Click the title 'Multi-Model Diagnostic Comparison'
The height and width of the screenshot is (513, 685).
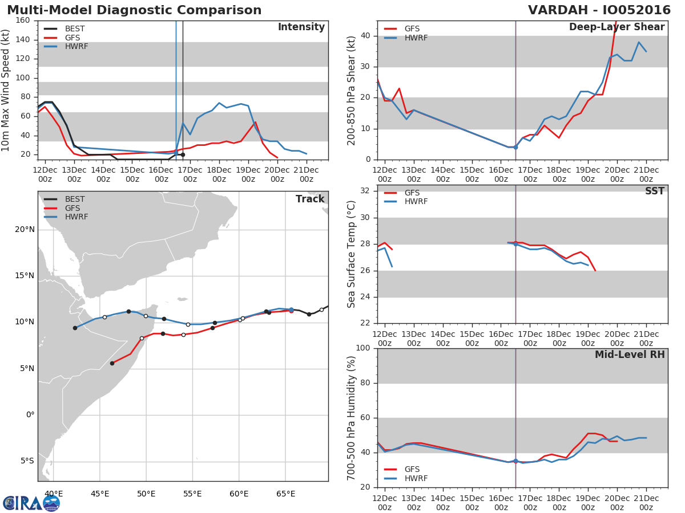click(x=134, y=10)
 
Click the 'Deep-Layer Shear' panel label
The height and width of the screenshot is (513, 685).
click(x=616, y=27)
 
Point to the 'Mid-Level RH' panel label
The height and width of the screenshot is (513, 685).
click(x=630, y=355)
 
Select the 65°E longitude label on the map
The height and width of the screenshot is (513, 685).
click(x=285, y=494)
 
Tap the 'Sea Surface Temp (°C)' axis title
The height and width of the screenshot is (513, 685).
click(x=352, y=254)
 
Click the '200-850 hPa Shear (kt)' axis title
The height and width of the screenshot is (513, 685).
click(x=352, y=90)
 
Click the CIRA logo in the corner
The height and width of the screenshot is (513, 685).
click(x=31, y=503)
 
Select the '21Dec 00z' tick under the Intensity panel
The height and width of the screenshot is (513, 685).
click(x=307, y=175)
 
